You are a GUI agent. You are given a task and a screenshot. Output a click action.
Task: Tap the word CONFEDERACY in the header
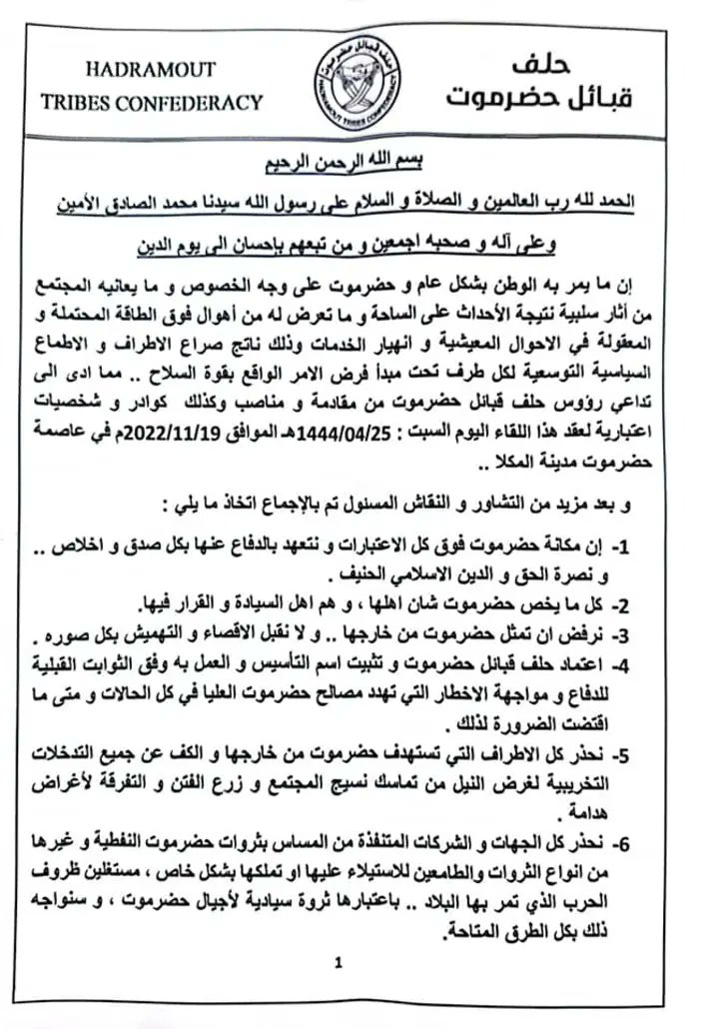[x=203, y=101]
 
